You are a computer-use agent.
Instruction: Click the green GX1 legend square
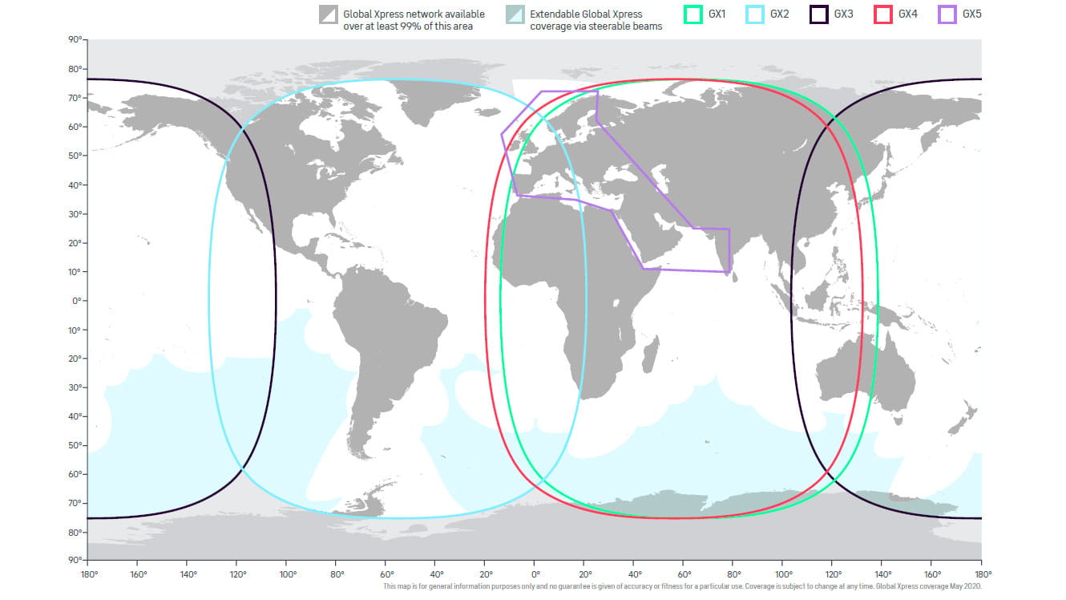point(692,14)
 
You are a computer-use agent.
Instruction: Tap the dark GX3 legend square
point(818,14)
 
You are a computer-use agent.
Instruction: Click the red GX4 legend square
point(882,14)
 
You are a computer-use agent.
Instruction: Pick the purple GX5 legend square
point(947,14)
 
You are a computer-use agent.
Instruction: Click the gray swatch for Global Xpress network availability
point(329,15)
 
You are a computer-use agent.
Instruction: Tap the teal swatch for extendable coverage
point(515,15)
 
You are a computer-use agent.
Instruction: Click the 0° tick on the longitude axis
point(535,574)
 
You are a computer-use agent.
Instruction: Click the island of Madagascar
point(652,353)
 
